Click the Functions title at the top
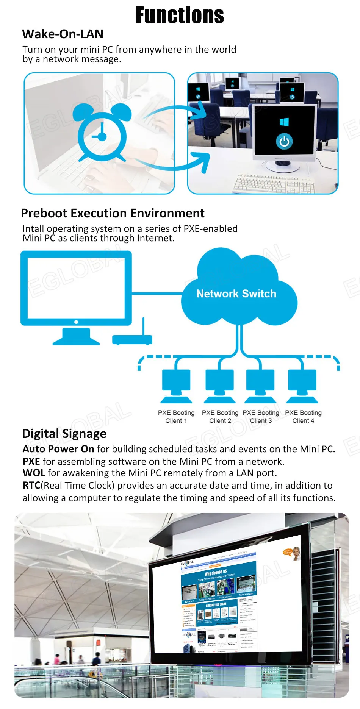click(180, 16)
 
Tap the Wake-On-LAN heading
click(63, 34)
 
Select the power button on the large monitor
click(284, 142)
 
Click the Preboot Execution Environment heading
click(113, 213)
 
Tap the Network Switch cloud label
click(236, 294)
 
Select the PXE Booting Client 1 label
click(176, 417)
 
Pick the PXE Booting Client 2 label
click(220, 417)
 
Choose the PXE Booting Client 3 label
click(261, 417)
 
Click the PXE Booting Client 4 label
click(303, 417)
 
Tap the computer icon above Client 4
click(302, 384)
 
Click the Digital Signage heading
click(64, 434)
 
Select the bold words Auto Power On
click(58, 449)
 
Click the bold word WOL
click(34, 473)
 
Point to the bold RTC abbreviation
click(31, 486)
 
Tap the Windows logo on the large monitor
click(284, 122)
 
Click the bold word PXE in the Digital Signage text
click(31, 461)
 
